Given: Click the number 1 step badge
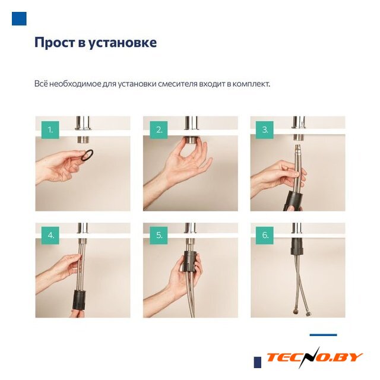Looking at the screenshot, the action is point(50,130).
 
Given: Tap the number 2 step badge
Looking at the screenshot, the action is point(159,130).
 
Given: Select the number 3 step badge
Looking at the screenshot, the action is point(265,130).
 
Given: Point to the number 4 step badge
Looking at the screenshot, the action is point(50,235).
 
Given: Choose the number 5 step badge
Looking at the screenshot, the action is point(159,235).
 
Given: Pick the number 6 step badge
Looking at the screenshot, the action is point(265,235).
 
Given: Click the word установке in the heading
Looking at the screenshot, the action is point(122,43).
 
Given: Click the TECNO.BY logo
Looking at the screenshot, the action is point(314,357).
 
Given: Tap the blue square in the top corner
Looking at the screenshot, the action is point(19,18).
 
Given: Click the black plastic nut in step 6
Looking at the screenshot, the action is point(297,246).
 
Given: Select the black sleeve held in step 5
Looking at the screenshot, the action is point(190,261).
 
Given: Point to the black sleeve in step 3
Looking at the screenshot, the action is point(293,200).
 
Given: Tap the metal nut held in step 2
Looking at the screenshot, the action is point(191,140).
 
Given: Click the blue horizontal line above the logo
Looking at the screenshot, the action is point(323,335).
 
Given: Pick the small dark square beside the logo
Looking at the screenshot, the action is point(258,362).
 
